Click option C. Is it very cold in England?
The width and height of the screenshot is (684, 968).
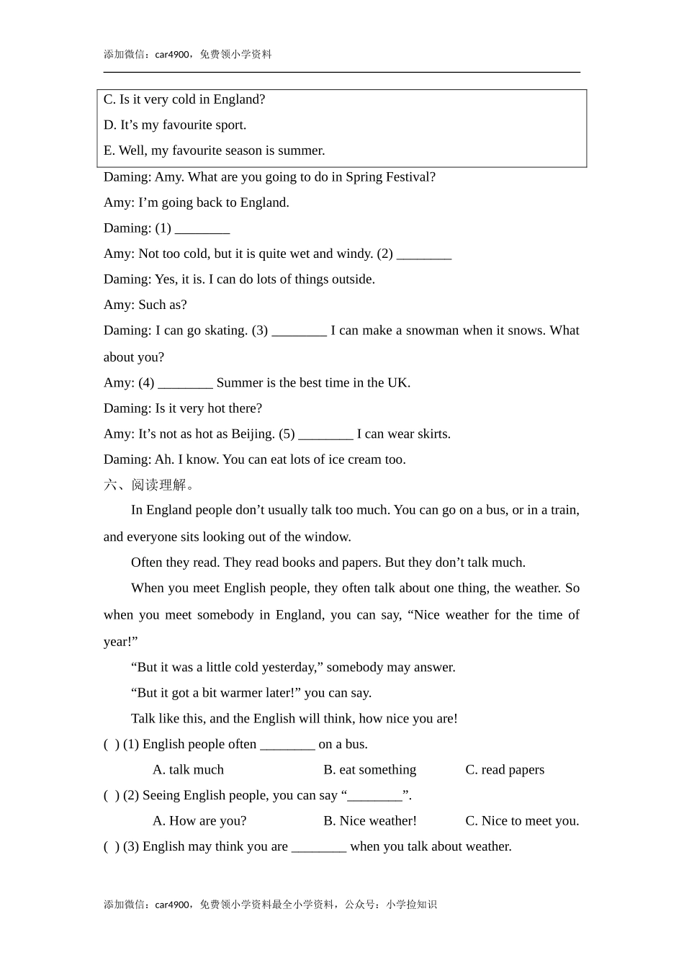coord(184,99)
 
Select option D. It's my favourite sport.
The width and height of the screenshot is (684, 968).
coord(175,125)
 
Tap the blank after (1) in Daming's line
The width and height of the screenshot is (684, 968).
coord(202,229)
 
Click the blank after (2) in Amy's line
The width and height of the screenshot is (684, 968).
coord(424,254)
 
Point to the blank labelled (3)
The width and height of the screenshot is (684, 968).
coord(300,331)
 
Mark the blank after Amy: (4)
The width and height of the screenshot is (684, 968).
coord(185,383)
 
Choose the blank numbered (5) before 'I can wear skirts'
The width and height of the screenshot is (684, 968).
coord(325,434)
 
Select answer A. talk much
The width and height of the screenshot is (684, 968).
coord(188,770)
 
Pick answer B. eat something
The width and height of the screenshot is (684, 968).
coord(369,770)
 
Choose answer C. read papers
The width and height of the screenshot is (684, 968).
coord(505,770)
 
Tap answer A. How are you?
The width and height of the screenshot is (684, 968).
coord(199,821)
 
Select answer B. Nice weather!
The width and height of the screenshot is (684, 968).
coord(370,821)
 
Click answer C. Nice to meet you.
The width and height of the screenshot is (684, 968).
coord(522,821)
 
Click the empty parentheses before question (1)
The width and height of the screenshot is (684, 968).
coord(112,745)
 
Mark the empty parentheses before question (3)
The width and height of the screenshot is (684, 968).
coord(112,847)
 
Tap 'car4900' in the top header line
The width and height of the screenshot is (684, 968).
coord(172,55)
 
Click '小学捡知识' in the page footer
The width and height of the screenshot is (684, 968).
coord(411,905)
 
